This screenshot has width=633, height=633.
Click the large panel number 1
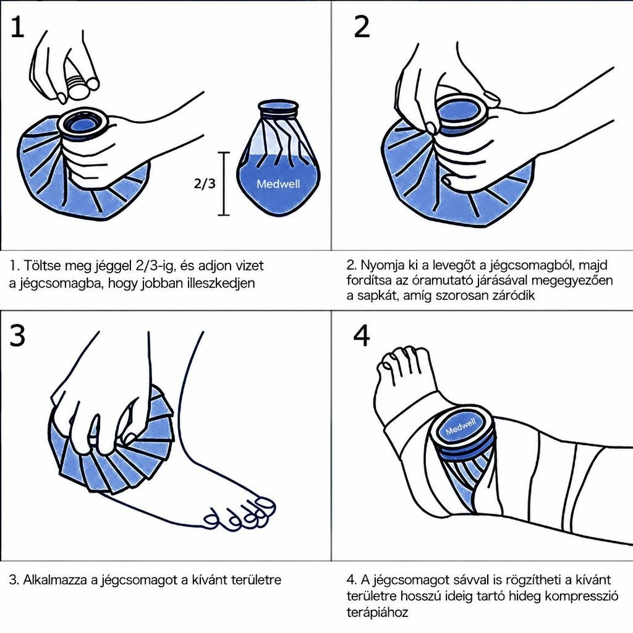17,28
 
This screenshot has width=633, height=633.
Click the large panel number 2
362,27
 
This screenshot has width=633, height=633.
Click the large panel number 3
17,336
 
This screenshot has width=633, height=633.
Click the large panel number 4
361,336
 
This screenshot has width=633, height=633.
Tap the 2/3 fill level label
205,184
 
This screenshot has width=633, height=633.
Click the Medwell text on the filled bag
279,184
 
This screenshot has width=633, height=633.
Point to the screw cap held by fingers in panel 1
78,87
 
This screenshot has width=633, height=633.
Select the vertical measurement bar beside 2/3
224,184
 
